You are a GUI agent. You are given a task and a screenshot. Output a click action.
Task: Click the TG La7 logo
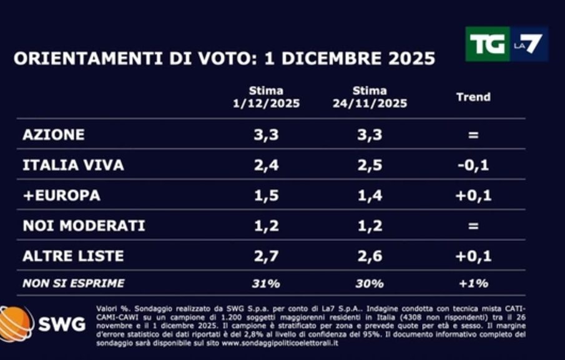click(506, 44)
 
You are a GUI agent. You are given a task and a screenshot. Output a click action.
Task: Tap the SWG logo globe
click(16, 323)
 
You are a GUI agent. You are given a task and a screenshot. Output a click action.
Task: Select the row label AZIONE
click(53, 135)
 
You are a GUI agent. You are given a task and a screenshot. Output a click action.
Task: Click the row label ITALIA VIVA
click(73, 165)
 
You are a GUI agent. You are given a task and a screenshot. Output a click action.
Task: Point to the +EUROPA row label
click(61, 195)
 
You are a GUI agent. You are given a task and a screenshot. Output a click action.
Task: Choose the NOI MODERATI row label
click(84, 225)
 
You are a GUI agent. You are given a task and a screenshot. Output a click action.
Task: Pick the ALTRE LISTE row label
click(73, 256)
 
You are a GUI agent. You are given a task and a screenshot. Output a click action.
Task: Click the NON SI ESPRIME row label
click(73, 283)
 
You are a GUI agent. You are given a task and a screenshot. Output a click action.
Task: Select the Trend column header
click(473, 97)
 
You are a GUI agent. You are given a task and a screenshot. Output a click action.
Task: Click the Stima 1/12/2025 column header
click(266, 97)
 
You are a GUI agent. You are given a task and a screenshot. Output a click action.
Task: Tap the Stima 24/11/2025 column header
click(370, 97)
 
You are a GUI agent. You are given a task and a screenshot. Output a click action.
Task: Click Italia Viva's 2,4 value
click(265, 165)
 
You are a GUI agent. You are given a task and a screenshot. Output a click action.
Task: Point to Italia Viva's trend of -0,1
click(473, 165)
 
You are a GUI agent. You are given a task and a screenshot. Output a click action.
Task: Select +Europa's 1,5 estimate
click(265, 195)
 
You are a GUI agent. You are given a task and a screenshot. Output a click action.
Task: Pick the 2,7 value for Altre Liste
click(265, 256)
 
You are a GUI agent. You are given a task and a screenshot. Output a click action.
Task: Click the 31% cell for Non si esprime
click(265, 283)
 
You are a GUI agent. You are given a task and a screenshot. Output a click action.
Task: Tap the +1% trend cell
click(473, 283)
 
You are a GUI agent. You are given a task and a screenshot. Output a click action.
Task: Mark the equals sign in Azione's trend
click(473, 135)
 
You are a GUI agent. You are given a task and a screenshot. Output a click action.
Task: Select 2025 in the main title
click(409, 59)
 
